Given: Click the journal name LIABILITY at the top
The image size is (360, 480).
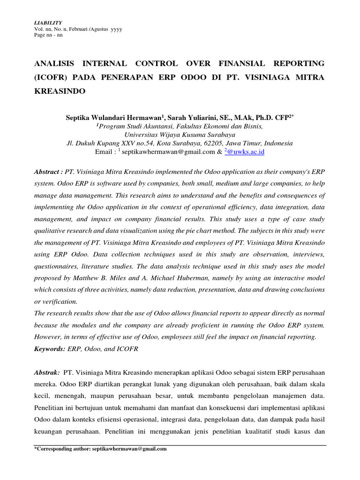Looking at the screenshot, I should coord(45,22).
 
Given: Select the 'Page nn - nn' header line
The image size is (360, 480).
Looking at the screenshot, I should coord(45,35).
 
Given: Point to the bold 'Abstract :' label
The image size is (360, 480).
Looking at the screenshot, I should coord(49,172).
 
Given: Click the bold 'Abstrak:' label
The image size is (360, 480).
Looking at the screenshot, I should coord(46,372).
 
